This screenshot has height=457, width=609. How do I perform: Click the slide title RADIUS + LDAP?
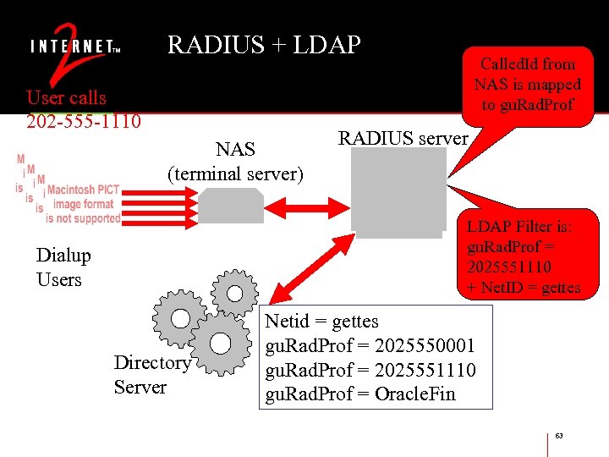[264, 45]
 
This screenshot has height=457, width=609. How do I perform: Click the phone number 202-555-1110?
[84, 121]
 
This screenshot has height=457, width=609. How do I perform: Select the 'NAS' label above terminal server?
[235, 150]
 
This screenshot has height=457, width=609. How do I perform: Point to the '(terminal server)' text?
[235, 174]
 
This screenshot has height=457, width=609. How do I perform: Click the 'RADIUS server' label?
[403, 138]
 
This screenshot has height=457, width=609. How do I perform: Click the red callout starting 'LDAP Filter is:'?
[523, 256]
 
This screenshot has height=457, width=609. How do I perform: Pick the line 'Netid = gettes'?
[322, 322]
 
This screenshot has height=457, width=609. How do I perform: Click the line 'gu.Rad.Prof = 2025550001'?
[370, 346]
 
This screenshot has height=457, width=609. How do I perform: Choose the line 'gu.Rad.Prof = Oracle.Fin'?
[360, 395]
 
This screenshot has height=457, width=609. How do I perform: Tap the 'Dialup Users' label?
[63, 267]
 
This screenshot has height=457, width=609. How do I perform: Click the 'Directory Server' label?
[152, 375]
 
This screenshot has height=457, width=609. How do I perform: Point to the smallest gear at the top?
[233, 292]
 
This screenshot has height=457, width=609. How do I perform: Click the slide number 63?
[559, 436]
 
